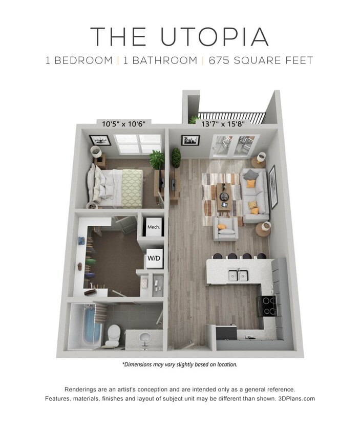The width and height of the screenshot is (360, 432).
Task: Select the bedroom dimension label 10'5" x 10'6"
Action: pos(124,124)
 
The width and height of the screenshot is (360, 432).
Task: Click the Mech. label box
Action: pos(154,227)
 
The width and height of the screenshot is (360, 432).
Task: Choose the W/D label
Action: pos(154,258)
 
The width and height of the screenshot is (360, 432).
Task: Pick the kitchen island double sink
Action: pos(238,275)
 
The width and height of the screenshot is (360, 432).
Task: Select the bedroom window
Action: pos(137,143)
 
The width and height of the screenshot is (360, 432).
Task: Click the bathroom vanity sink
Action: pos(144,339)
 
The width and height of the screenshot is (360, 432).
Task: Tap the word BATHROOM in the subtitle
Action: pos(160,60)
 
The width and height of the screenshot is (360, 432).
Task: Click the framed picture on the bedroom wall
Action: pos(100,140)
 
